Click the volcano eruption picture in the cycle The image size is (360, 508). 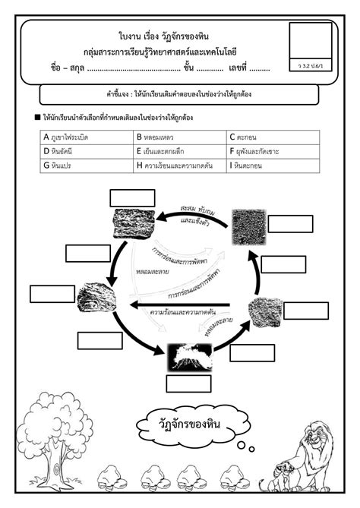coord(188,356)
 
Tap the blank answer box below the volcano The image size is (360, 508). coord(188,383)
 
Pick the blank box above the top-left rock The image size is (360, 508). coord(131,198)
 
